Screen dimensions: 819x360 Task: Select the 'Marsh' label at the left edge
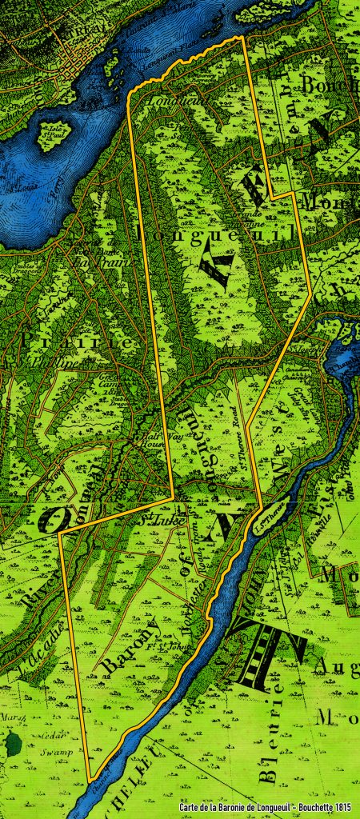pos(10,716)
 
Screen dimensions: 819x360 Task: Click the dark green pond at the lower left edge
pos(11,743)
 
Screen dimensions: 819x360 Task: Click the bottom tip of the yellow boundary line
pos(90,780)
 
